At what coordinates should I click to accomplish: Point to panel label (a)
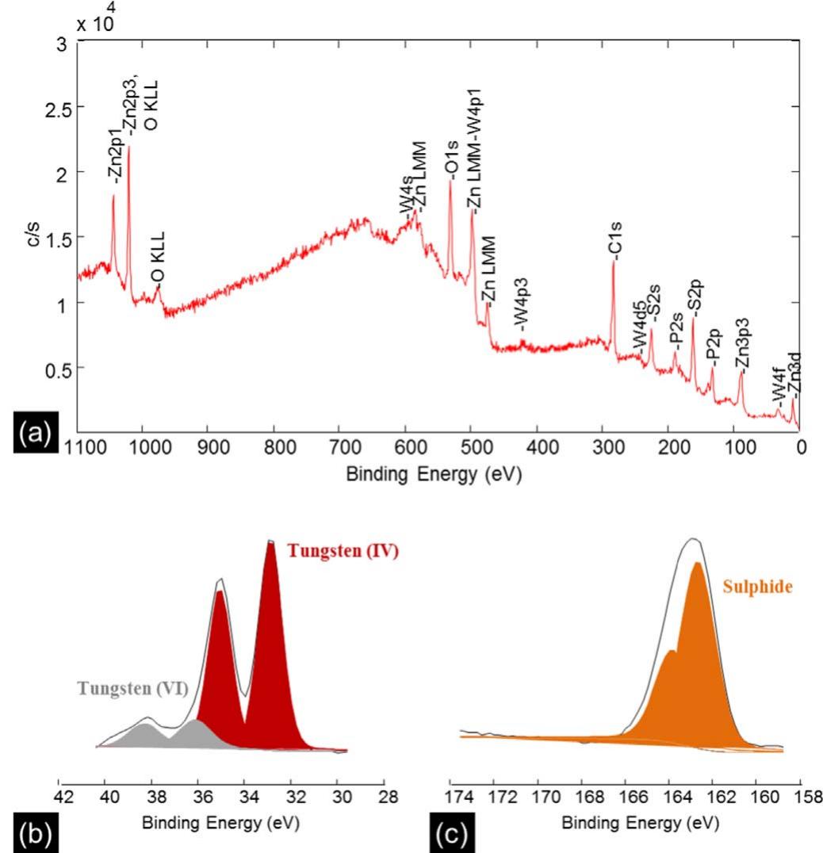pos(30,434)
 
